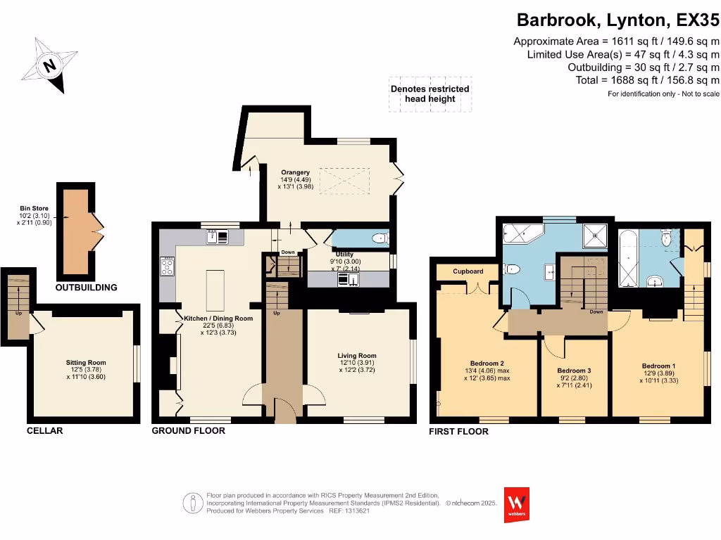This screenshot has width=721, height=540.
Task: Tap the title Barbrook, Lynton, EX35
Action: (618, 19)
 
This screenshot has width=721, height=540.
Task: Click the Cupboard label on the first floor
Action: (468, 271)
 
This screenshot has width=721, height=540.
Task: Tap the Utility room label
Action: (344, 255)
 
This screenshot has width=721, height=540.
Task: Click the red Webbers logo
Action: (517, 504)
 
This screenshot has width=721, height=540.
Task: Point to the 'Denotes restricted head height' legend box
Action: (430, 94)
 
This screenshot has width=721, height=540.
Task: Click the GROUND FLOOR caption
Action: (189, 430)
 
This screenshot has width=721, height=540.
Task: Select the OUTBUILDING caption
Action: (87, 288)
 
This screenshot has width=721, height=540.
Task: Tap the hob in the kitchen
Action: (168, 266)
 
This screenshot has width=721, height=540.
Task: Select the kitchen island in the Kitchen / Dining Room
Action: (213, 288)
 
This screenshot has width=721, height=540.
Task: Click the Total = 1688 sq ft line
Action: (646, 80)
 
